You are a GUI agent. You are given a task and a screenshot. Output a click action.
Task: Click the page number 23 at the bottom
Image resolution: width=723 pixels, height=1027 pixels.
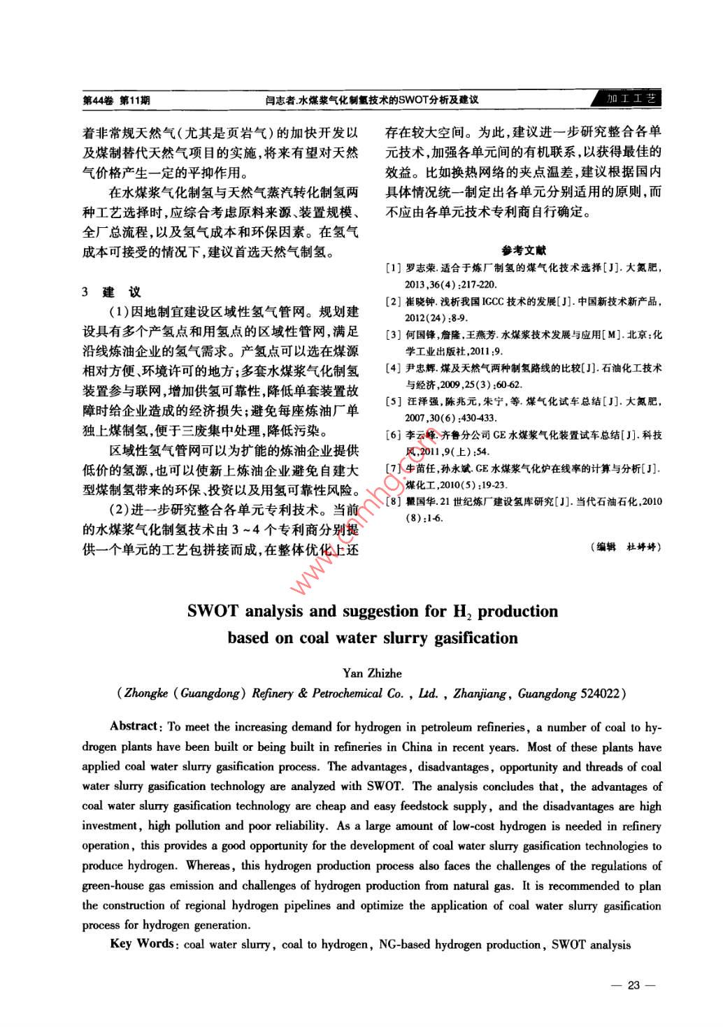coord(633,985)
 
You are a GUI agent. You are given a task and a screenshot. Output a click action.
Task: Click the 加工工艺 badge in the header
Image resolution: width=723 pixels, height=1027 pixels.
coord(631,99)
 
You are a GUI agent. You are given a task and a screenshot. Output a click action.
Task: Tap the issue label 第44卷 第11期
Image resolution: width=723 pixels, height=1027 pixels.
coord(116,100)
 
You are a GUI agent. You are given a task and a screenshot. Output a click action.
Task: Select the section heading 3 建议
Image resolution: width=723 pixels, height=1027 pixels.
coord(112,292)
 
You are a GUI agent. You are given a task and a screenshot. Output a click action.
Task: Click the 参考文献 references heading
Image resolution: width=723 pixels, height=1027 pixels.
coord(523,250)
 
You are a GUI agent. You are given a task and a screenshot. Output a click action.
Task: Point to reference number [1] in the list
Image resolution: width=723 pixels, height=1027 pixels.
coord(394,268)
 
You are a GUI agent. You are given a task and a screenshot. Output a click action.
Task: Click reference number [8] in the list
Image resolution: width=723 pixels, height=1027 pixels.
coord(394,501)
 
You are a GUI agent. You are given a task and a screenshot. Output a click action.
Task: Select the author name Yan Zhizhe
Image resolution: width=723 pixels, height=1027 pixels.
coord(372,673)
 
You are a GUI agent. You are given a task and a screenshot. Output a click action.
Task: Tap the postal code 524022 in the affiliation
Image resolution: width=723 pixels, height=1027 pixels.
coord(599,694)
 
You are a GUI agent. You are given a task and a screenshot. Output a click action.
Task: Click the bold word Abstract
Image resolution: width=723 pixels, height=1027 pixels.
coord(134,726)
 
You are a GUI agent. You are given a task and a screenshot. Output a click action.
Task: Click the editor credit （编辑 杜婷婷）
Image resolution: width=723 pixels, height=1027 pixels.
coord(625,547)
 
